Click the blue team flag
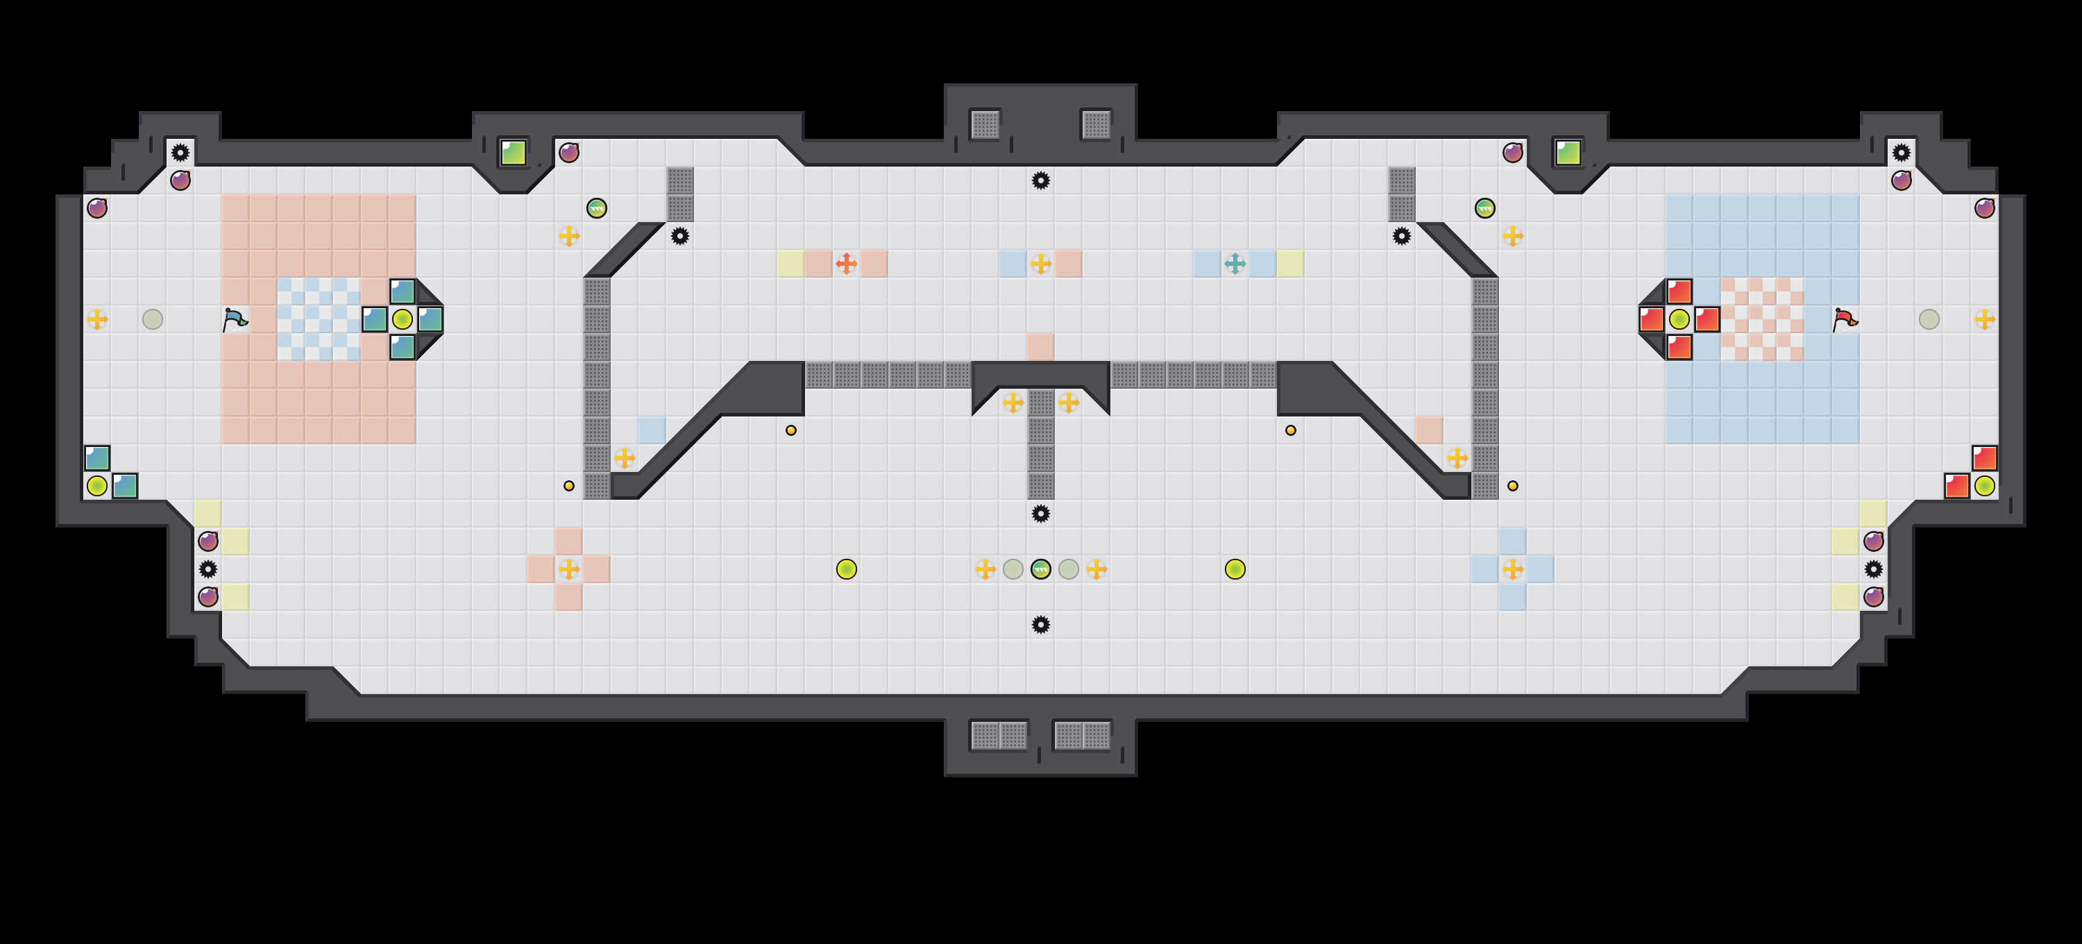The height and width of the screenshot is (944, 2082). (x=235, y=319)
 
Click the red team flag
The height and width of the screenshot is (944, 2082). (x=1845, y=319)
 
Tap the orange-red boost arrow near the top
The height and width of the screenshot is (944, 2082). (x=846, y=264)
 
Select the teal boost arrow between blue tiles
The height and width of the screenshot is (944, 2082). (x=1235, y=264)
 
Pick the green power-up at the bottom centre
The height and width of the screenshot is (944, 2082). (x=1041, y=569)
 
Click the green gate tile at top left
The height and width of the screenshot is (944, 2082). (x=514, y=152)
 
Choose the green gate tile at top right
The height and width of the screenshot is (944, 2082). (x=1568, y=152)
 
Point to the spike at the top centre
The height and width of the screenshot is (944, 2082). (x=1041, y=180)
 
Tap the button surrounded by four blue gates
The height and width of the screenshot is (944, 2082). (x=403, y=319)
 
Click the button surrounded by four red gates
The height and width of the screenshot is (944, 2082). (x=1679, y=319)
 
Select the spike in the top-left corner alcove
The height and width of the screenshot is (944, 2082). (x=180, y=152)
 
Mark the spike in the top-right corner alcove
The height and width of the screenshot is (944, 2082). (x=1901, y=152)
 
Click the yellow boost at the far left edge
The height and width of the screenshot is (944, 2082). (x=97, y=319)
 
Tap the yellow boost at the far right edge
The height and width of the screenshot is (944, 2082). (x=1984, y=319)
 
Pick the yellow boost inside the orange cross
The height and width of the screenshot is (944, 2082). (x=569, y=569)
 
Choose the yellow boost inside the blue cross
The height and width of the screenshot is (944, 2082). (x=1512, y=569)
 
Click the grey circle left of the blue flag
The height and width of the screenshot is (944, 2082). (x=153, y=319)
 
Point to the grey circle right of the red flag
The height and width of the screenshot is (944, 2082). (x=1929, y=319)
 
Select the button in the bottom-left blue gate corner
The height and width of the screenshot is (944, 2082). (x=97, y=486)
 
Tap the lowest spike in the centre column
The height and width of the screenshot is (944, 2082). (x=1041, y=624)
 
